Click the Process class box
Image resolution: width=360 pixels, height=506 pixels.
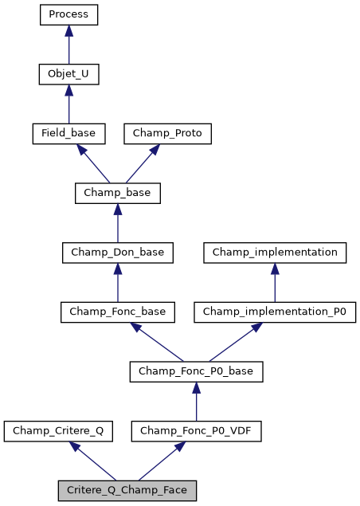(x=68, y=14)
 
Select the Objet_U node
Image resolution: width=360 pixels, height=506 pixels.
(x=68, y=74)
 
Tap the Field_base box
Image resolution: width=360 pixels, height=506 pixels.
(x=68, y=133)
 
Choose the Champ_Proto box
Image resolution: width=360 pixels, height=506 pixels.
(x=167, y=133)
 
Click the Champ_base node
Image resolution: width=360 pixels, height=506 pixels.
(x=118, y=193)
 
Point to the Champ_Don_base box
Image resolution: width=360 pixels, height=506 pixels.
(x=118, y=253)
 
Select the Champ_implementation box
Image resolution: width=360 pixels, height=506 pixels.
(x=275, y=253)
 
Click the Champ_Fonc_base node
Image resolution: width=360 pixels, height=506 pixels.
(x=118, y=312)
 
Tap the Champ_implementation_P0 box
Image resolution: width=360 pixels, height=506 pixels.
(x=275, y=312)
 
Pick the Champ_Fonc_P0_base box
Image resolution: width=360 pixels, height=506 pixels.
(x=196, y=371)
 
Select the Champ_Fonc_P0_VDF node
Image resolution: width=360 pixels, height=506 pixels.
(x=196, y=431)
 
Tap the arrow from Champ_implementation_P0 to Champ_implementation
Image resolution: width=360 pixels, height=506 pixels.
(x=275, y=282)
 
